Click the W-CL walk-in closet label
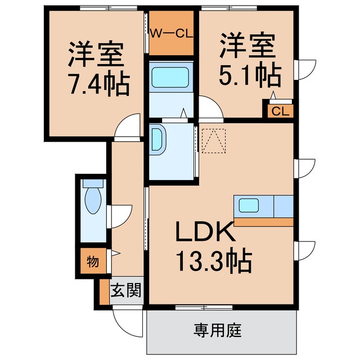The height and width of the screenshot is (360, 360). click(x=171, y=33)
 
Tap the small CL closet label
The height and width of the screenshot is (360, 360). click(x=280, y=111)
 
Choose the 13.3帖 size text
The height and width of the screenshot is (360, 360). click(x=213, y=260)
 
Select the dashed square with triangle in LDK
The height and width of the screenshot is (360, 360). click(x=213, y=141)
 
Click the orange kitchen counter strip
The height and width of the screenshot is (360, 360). click(x=263, y=222)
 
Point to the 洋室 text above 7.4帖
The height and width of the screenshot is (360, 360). click(x=95, y=55)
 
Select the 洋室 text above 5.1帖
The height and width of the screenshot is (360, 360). click(x=247, y=46)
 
